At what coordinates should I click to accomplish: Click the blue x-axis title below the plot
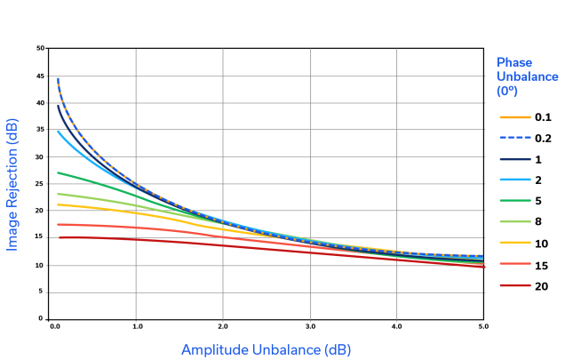(x=265, y=350)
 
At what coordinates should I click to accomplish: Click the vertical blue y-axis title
(x=15, y=178)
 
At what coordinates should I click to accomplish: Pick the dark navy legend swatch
(x=517, y=167)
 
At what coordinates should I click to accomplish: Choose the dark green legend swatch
(x=517, y=204)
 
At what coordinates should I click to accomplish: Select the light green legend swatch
(x=517, y=228)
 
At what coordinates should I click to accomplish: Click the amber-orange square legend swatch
(x=517, y=252)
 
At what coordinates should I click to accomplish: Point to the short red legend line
(x=517, y=285)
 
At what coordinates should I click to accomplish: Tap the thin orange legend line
(x=517, y=116)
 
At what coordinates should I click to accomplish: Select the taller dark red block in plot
(x=179, y=252)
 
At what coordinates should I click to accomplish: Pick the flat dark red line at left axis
(x=89, y=238)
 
